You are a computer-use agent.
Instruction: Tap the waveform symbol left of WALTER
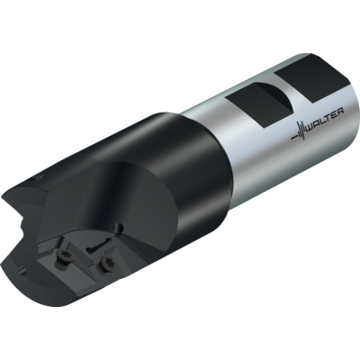tap(298, 131)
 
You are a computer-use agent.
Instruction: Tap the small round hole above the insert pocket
tap(120, 226)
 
